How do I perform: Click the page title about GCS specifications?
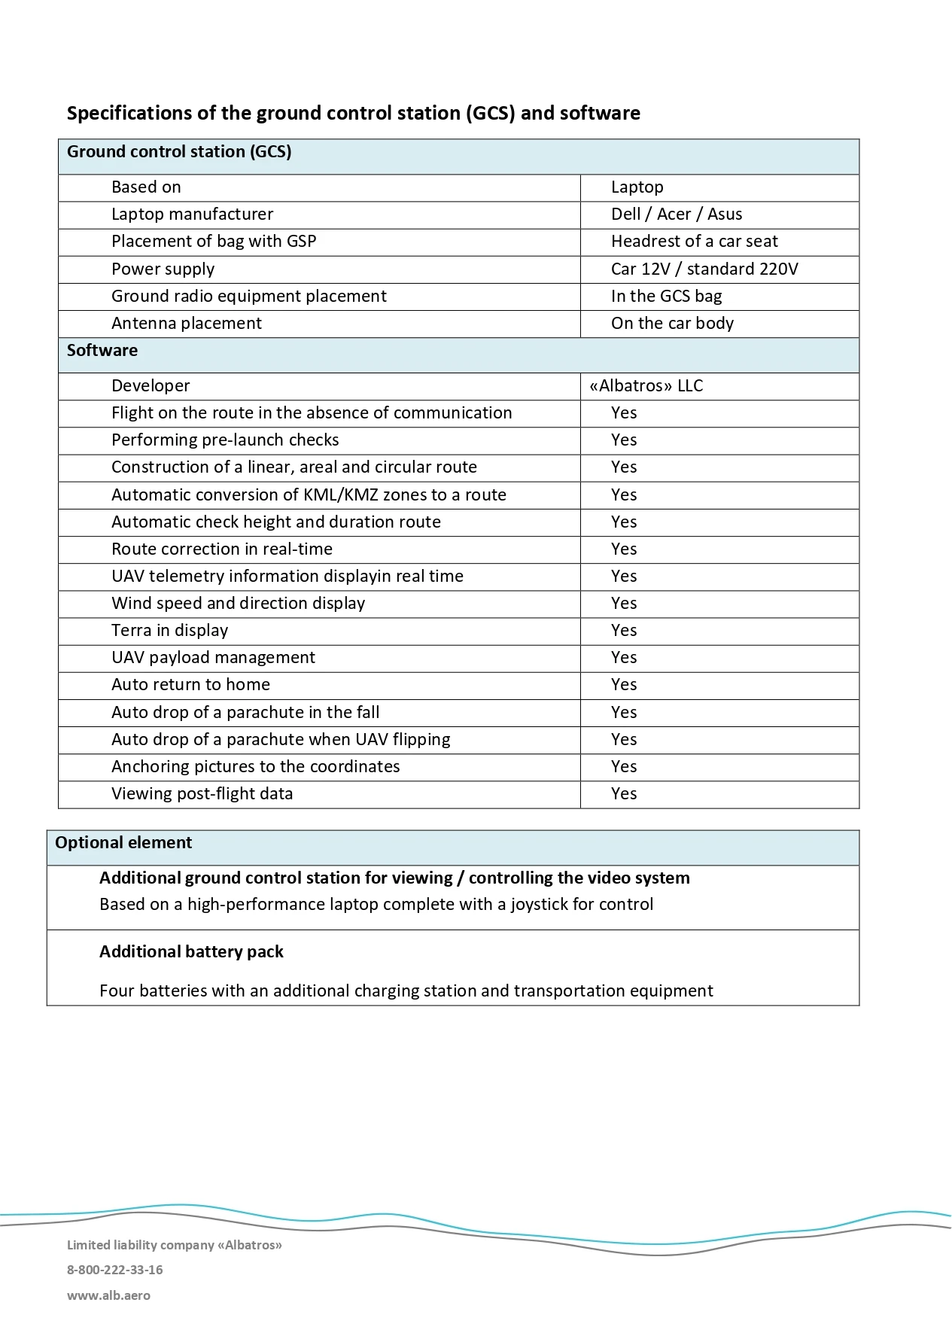pyautogui.click(x=353, y=113)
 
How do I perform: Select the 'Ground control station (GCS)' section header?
pyautogui.click(x=179, y=152)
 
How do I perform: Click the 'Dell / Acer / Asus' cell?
pyautogui.click(x=676, y=215)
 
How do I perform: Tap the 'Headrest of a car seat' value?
pyautogui.click(x=694, y=242)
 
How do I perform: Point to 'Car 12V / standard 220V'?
pyautogui.click(x=704, y=269)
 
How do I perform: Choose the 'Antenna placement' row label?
pyautogui.click(x=186, y=324)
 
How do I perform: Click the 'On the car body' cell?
pyautogui.click(x=671, y=324)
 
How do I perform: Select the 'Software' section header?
pyautogui.click(x=102, y=351)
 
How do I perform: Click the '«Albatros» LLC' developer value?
pyautogui.click(x=646, y=386)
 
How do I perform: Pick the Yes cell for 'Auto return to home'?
pyautogui.click(x=624, y=685)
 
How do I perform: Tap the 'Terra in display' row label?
pyautogui.click(x=169, y=631)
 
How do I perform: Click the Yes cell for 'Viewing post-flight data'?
pyautogui.click(x=624, y=794)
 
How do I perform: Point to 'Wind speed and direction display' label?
pyautogui.click(x=238, y=604)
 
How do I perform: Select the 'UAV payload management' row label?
pyautogui.click(x=213, y=658)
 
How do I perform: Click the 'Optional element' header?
pyautogui.click(x=123, y=843)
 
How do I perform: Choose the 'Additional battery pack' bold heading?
pyautogui.click(x=191, y=952)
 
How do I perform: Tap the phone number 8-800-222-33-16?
pyautogui.click(x=114, y=1270)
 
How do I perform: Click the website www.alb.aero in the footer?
pyautogui.click(x=108, y=1295)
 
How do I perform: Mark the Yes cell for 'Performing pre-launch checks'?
pyautogui.click(x=624, y=440)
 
